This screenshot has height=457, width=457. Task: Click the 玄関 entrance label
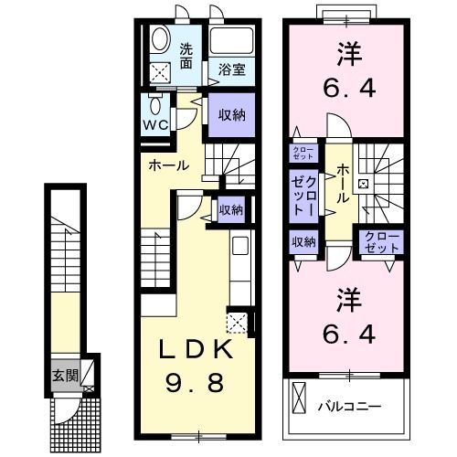pyautogui.click(x=64, y=374)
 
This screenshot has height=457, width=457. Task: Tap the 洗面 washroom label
pyautogui.click(x=186, y=57)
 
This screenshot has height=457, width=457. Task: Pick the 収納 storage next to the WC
pyautogui.click(x=230, y=115)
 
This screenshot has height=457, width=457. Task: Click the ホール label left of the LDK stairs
pyautogui.click(x=169, y=165)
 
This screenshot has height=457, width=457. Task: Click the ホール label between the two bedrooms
pyautogui.click(x=342, y=181)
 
